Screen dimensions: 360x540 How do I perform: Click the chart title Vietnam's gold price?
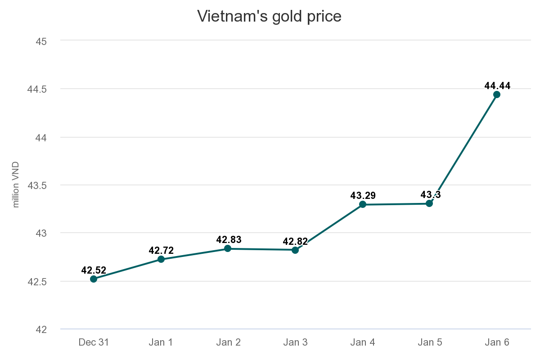click(x=270, y=17)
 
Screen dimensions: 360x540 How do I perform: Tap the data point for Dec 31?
click(x=94, y=279)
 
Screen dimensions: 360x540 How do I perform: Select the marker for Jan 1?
click(x=161, y=259)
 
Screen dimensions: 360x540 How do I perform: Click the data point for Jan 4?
click(x=363, y=204)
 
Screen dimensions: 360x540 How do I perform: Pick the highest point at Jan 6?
click(x=497, y=94)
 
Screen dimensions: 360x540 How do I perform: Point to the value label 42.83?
click(x=229, y=240)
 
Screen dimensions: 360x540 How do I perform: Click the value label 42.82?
click(x=295, y=242)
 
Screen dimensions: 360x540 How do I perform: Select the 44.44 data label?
click(x=497, y=86)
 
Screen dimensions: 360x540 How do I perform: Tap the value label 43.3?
click(x=430, y=195)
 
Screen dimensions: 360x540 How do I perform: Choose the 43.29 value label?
click(x=363, y=196)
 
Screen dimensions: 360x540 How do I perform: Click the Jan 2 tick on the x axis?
click(x=228, y=342)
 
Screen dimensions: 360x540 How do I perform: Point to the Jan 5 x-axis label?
click(x=430, y=342)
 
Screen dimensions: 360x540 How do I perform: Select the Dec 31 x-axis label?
click(x=94, y=342)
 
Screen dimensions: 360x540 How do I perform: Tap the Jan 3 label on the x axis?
click(x=295, y=342)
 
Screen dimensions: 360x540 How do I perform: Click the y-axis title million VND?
click(x=16, y=185)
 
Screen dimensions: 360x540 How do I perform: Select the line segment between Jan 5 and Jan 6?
click(x=463, y=148)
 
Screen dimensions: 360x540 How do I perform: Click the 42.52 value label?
click(x=94, y=270)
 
